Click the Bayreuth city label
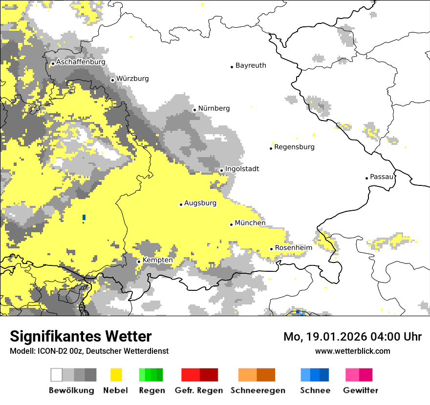click(x=251, y=65)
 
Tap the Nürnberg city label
click(x=214, y=108)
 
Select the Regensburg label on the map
click(x=294, y=147)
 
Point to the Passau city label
click(x=382, y=177)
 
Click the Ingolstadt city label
click(x=242, y=169)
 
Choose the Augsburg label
click(x=200, y=203)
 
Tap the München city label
click(x=250, y=223)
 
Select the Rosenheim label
click(x=293, y=248)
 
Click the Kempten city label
click(x=157, y=260)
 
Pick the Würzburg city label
click(x=132, y=79)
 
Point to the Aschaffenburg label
click(x=81, y=62)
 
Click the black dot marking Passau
click(x=366, y=178)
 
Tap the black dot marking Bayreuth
click(x=232, y=67)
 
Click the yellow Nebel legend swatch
click(x=116, y=375)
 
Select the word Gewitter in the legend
click(x=361, y=390)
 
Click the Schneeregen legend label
click(x=258, y=390)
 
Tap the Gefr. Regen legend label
click(x=199, y=390)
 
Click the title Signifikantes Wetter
click(x=81, y=336)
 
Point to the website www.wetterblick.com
click(x=353, y=351)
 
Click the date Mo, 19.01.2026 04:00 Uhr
click(x=353, y=337)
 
